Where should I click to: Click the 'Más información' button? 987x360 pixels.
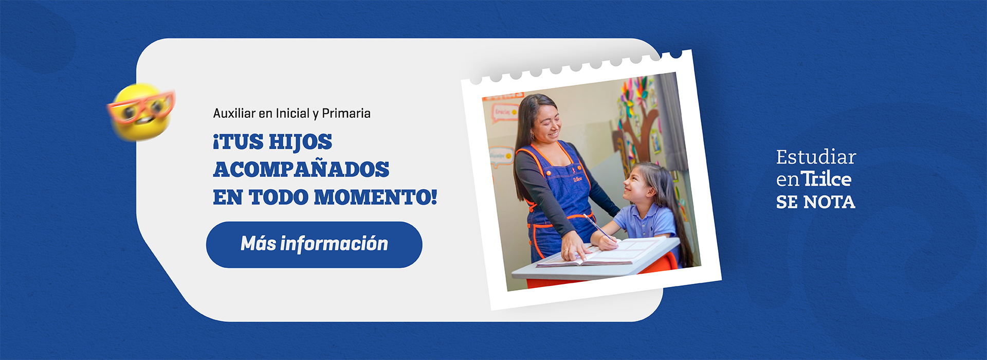click(x=314, y=244)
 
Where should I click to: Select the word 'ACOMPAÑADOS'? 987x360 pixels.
click(x=301, y=170)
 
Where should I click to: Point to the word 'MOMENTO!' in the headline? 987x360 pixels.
click(x=375, y=197)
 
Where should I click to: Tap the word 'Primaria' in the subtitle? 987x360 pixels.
click(x=346, y=113)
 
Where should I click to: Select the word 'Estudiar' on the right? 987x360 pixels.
click(x=816, y=157)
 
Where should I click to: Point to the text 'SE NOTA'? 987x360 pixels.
click(x=815, y=202)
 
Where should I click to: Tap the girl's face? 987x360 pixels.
click(x=637, y=185)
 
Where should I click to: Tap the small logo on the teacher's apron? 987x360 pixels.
click(x=577, y=178)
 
